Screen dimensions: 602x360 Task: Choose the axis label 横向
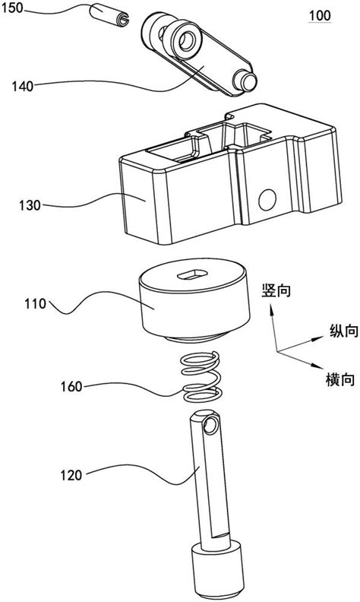330,377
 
